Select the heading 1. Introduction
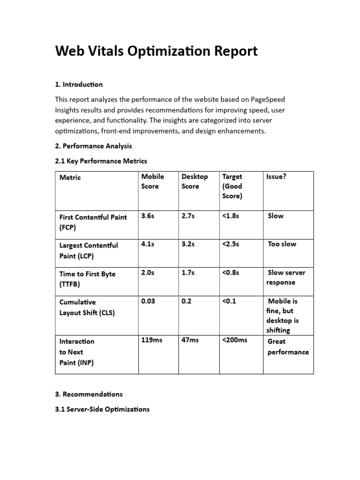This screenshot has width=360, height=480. (79, 84)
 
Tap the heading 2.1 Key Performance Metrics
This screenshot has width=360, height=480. (101, 161)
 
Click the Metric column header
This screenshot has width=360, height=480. (70, 177)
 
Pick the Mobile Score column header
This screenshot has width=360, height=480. (152, 181)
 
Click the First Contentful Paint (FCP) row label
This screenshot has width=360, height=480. (93, 222)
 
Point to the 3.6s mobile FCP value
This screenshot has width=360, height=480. (147, 216)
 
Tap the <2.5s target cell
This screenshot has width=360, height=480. (231, 244)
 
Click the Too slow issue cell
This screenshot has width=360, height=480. (282, 244)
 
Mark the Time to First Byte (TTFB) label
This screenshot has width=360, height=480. (87, 278)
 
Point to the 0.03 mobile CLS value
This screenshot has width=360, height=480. (149, 301)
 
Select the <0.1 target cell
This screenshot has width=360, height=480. (229, 301)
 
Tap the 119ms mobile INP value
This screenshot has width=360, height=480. (151, 340)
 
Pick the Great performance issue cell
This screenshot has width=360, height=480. (287, 346)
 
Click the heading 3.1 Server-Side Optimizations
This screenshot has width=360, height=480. (102, 409)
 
